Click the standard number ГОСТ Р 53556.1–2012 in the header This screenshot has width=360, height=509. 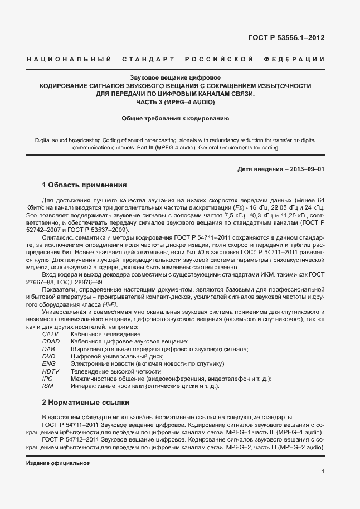pyautogui.click(x=286, y=38)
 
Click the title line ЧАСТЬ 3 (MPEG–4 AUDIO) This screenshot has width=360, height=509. pyautogui.click(x=176, y=103)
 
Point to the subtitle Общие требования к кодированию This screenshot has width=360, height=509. pyautogui.click(x=176, y=118)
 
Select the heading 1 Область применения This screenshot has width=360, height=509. pyautogui.click(x=85, y=185)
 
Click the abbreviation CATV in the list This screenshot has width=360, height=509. pyautogui.click(x=50, y=334)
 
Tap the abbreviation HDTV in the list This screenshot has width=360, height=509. pyautogui.click(x=51, y=371)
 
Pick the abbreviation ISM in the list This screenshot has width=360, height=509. pyautogui.click(x=47, y=386)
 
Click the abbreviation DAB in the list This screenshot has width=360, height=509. pyautogui.click(x=48, y=349)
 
